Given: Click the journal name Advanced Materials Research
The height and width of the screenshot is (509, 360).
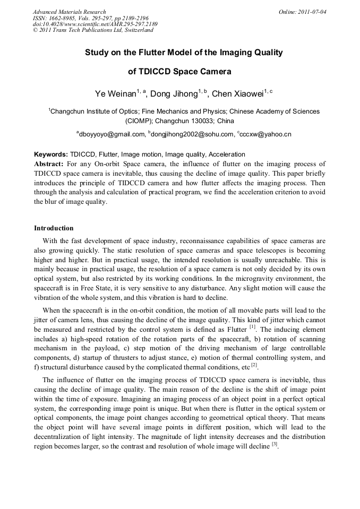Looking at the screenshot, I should pos(69,12).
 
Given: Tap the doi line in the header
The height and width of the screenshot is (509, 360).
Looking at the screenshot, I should pos(95,24).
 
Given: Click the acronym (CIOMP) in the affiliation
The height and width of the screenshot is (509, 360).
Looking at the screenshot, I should pos(139,120).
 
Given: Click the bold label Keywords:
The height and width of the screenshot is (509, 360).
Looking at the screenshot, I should pos(51,154).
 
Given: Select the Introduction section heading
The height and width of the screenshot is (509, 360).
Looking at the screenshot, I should pos(54,228).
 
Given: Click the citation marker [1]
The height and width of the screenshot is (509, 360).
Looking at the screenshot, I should pos(253,327).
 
